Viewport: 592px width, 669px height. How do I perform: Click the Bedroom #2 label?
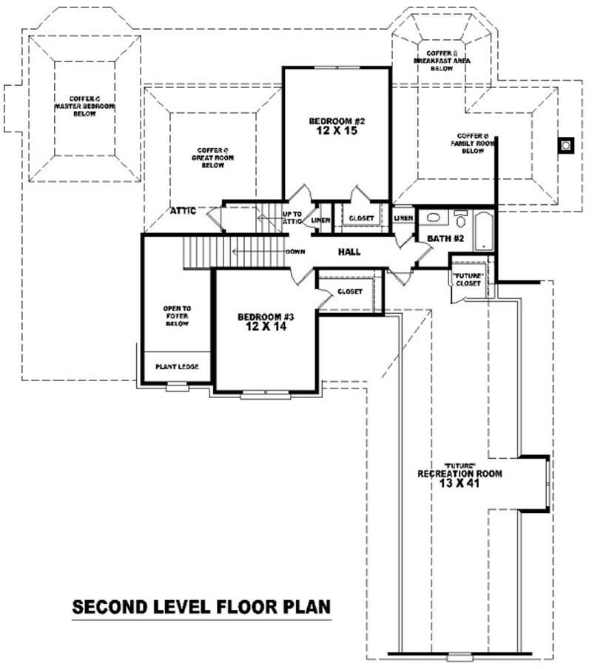point(337,126)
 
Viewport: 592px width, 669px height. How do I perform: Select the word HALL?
point(349,252)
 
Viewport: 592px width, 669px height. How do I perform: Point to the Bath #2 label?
point(445,238)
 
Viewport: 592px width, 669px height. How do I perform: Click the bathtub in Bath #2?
point(483,231)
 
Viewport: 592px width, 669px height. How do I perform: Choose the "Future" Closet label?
point(468,280)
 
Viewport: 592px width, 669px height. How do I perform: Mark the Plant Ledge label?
point(176,366)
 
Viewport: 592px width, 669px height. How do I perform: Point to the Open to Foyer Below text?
point(177,316)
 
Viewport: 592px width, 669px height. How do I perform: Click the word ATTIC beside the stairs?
point(183,211)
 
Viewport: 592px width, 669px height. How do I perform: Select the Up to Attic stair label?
point(292,218)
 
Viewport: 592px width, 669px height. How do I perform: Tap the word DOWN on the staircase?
point(295,252)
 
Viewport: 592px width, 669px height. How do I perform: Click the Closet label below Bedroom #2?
point(361,218)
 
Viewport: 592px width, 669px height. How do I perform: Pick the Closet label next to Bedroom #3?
point(350,292)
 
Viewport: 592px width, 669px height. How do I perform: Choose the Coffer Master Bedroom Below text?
point(84,107)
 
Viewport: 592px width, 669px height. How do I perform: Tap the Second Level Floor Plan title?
point(201,608)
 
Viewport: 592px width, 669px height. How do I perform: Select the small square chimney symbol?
point(567,145)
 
